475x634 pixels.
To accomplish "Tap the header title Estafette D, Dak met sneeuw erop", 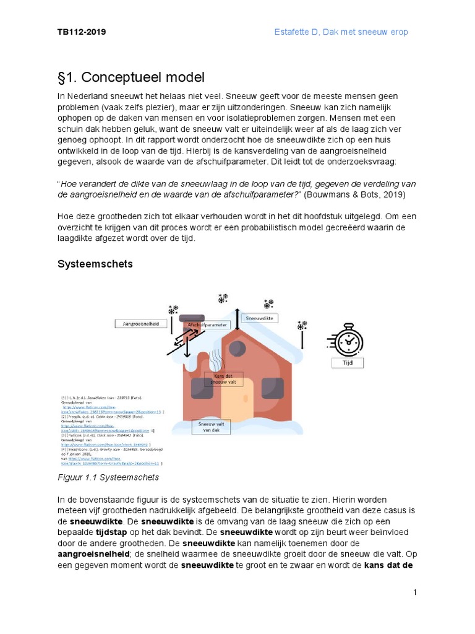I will point(341,32).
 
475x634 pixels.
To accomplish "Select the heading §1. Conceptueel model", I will point(131,77).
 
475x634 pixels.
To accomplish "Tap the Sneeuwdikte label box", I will point(259,318).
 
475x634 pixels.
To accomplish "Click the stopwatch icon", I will point(348,341).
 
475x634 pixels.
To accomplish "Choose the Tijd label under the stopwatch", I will point(348,363).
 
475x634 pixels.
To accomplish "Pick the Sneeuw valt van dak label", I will point(211,427).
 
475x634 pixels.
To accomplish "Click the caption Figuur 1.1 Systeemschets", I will point(108,477).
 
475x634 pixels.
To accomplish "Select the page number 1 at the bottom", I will point(416,593).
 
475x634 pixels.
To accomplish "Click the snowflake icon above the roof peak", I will point(223,299).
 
